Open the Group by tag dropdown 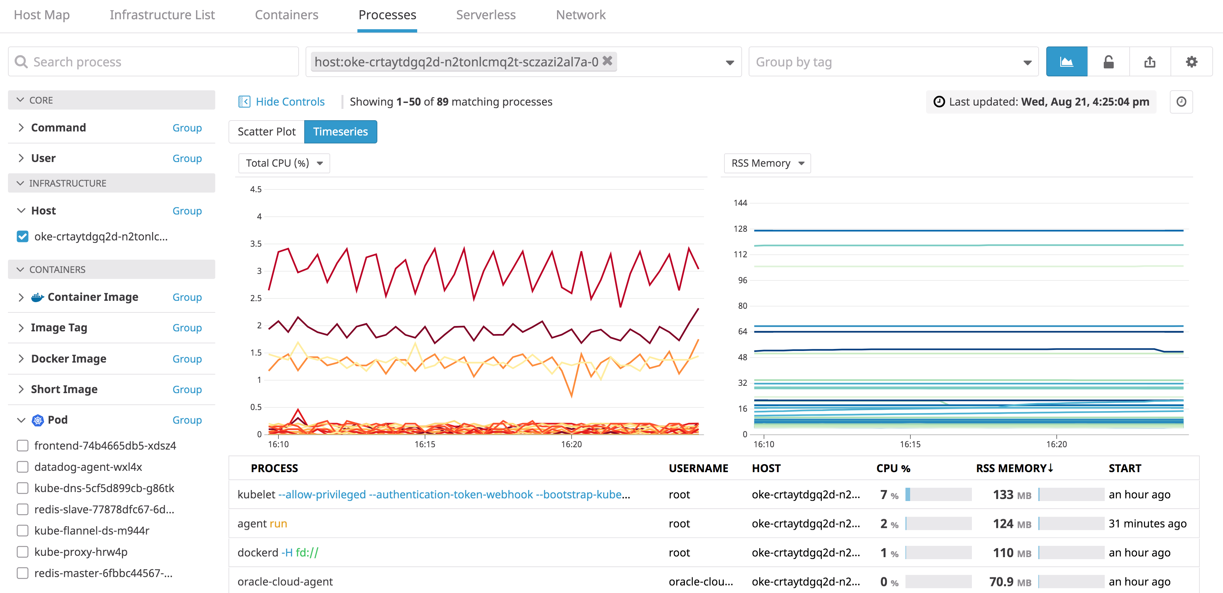[x=893, y=62]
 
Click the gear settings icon [x=1191, y=62]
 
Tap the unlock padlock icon [x=1108, y=62]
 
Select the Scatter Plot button [x=266, y=132]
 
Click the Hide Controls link [x=290, y=102]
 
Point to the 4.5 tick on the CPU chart [x=256, y=189]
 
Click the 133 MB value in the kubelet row [x=1011, y=495]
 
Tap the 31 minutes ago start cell [x=1147, y=524]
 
